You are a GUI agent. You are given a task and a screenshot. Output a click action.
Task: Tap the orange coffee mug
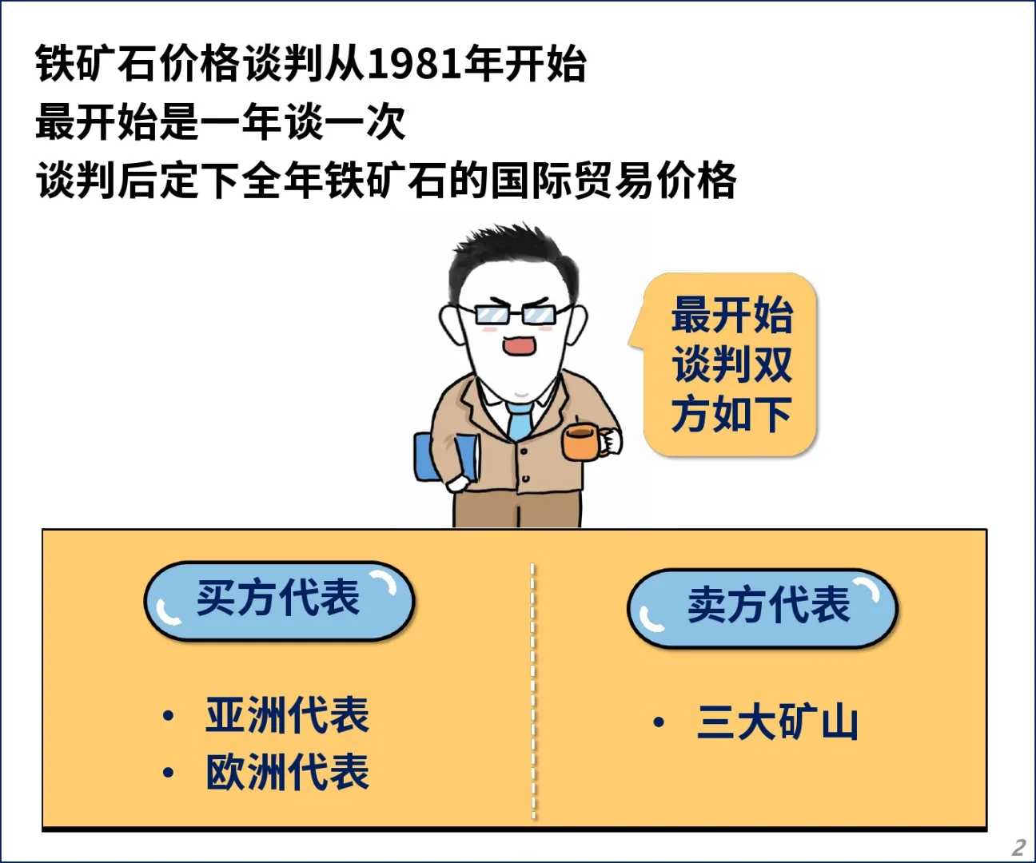point(581,442)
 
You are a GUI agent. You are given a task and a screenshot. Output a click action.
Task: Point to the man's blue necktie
point(520,420)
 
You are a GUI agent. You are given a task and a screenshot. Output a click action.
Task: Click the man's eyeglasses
point(516,314)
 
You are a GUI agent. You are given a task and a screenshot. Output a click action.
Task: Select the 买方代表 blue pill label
point(278,600)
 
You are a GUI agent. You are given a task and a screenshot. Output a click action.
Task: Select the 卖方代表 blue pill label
point(763,606)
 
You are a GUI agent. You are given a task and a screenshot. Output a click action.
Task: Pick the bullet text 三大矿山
point(778,722)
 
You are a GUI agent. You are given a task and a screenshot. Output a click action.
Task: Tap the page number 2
point(1018,847)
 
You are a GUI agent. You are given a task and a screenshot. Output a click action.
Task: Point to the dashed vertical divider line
point(533,691)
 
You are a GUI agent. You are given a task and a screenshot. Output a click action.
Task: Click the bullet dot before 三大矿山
point(659,722)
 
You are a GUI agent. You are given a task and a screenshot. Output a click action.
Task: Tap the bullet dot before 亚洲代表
point(168,716)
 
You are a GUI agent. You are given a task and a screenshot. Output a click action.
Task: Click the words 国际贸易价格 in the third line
point(613,181)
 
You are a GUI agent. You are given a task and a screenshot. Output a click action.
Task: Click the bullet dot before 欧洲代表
point(168,773)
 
